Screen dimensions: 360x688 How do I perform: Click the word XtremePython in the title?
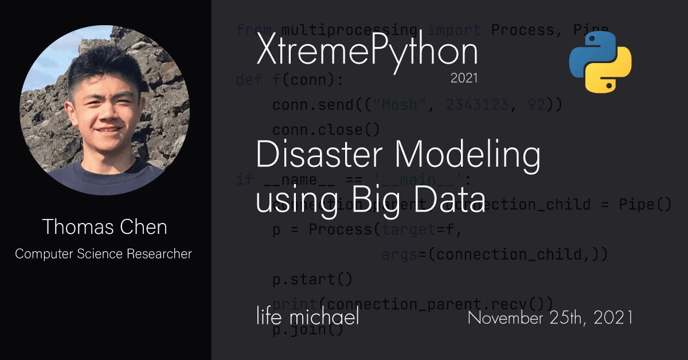point(367,52)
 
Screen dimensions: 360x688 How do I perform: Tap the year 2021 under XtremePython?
point(464,79)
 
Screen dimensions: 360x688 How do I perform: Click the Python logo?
point(600,61)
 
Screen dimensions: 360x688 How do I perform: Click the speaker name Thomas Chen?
point(104,227)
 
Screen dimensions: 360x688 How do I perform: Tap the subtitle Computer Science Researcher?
point(104,253)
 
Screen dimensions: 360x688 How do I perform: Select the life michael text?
point(308,316)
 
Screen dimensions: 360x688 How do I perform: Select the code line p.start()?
point(312,280)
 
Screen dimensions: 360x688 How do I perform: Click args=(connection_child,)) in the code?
point(494,254)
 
